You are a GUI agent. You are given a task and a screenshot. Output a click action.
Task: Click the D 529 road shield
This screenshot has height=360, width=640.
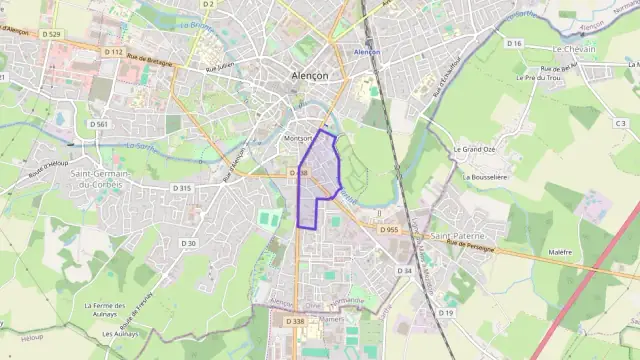coord(53,34)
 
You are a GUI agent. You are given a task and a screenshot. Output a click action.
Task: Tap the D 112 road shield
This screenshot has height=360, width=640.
coord(114,51)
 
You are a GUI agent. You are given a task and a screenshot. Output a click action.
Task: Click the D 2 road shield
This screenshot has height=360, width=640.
coord(208,4)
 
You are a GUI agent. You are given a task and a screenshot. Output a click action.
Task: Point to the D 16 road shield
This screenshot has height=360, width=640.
coord(515,43)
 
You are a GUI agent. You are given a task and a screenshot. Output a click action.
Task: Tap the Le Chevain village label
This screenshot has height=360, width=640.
coord(574,49)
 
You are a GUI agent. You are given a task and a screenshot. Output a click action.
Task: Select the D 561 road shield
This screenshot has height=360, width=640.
coord(98,123)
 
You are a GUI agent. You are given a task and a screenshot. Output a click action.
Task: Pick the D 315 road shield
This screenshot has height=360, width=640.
coord(181,188)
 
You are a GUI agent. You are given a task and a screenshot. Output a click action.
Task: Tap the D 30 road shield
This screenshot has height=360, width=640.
coord(189,243)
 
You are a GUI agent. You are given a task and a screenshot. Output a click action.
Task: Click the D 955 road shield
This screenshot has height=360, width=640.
coord(389,229)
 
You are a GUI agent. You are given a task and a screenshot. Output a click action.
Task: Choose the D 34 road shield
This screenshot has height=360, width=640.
coord(405,270)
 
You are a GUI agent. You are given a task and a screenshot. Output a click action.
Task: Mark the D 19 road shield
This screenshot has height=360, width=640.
coord(446,313)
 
